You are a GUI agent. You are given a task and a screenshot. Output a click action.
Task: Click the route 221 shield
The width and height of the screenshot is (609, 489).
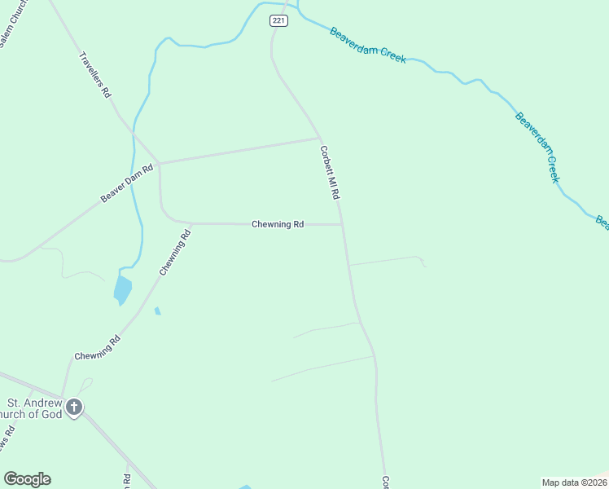point(279,21)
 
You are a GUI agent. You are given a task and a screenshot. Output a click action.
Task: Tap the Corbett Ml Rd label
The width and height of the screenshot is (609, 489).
point(330,173)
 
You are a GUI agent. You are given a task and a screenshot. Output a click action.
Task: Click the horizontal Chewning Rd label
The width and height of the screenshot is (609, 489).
point(278,224)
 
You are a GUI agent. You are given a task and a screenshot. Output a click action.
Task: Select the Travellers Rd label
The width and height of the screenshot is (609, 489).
point(94,75)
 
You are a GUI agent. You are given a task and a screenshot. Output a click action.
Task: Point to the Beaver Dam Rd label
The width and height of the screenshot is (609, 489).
point(127,185)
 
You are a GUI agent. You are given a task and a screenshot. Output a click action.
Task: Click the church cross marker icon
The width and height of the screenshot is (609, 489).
point(74,407)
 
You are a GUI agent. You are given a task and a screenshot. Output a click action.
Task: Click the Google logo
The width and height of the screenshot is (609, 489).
point(27,479)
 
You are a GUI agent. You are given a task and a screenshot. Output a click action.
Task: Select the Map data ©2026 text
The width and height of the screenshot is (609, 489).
point(574,482)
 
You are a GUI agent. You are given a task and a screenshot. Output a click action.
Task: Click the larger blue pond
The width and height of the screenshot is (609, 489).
point(122,289)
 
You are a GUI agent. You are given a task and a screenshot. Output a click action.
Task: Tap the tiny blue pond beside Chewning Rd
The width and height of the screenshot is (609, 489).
point(157,311)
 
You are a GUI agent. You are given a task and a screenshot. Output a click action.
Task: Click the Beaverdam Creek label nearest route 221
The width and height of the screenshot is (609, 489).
point(367,45)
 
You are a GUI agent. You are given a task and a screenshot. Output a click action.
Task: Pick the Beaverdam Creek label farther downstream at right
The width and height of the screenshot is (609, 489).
point(537,147)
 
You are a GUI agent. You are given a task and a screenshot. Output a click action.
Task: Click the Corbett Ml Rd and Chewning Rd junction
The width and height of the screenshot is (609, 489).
point(342,224)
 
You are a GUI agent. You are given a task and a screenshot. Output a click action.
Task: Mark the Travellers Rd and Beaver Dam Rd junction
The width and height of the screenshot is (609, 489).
point(159,163)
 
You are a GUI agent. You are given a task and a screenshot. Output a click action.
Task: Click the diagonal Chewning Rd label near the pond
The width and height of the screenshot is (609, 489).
point(175,253)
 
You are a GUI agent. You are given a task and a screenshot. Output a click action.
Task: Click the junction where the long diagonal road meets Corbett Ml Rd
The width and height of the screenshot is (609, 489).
point(320,138)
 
